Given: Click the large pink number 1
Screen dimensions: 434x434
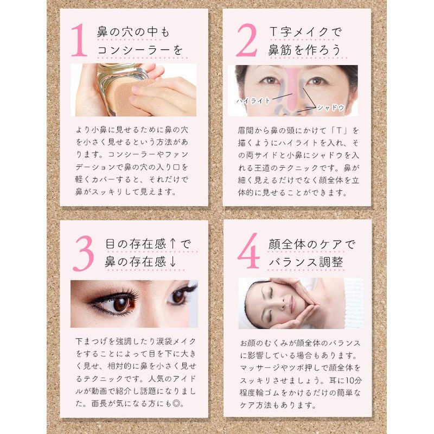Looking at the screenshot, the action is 80,40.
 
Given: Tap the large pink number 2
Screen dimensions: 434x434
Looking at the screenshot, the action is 247,40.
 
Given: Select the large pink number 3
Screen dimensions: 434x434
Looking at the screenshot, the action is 84,253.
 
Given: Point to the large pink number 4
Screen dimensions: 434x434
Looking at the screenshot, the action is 248,251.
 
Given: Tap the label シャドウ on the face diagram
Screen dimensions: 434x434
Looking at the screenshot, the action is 330,107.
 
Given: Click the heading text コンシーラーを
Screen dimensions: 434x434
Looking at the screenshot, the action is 140,50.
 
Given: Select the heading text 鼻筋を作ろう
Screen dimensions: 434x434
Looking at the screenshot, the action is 304,50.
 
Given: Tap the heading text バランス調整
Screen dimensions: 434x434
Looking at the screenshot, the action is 306,262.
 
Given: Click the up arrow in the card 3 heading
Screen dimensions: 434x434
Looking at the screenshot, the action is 173,244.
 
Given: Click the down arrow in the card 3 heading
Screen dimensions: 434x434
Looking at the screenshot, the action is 173,262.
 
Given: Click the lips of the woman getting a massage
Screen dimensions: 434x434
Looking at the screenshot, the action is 291,303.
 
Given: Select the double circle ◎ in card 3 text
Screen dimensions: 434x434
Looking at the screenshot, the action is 176,404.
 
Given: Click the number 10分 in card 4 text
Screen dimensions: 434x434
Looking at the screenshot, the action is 354,380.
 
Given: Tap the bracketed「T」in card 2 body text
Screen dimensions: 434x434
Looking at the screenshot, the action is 339,130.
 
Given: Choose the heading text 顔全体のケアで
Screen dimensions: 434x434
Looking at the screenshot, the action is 311,244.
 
